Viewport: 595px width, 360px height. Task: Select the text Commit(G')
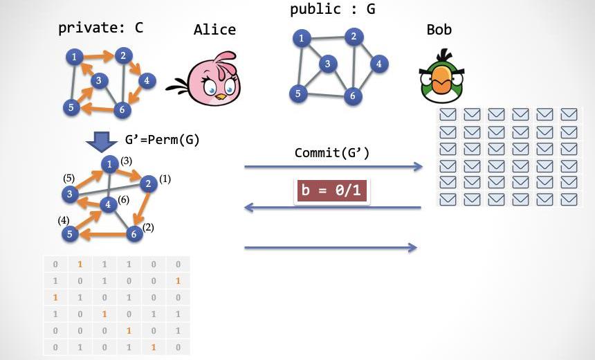tap(332, 152)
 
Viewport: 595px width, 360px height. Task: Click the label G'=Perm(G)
tap(162, 140)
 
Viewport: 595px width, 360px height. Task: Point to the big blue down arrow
tap(101, 141)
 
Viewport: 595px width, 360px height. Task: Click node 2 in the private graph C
tap(123, 55)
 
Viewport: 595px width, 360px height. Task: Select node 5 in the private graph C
tap(71, 107)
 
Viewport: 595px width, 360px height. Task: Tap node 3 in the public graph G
tap(328, 64)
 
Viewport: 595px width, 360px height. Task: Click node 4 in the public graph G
tap(378, 64)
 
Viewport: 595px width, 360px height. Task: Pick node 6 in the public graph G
tap(353, 96)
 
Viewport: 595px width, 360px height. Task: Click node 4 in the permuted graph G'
tap(107, 204)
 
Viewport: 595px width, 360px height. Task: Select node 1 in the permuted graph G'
tap(109, 164)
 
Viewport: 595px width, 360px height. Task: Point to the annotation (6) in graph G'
tap(123, 199)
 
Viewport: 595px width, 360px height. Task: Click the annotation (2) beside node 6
tap(148, 227)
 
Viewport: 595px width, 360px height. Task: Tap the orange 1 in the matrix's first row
tap(80, 264)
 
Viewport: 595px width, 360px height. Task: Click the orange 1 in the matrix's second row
tap(178, 281)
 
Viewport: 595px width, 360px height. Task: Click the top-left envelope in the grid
tap(448, 114)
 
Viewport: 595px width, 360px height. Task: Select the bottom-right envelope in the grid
tap(569, 199)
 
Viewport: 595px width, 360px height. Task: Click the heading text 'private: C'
tap(101, 28)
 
